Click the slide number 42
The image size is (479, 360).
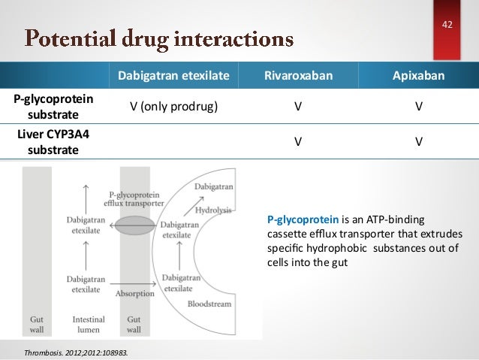[x=447, y=26]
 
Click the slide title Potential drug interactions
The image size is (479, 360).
[x=158, y=37]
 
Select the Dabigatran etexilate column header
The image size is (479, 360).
[x=173, y=76]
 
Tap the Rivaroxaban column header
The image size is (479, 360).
[x=298, y=76]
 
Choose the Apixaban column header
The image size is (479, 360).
[x=418, y=76]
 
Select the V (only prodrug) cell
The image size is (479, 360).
[x=173, y=107]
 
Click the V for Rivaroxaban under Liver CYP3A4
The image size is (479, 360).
[x=298, y=141]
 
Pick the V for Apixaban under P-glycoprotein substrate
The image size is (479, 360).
[x=418, y=107]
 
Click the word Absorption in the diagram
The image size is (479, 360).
[x=134, y=294]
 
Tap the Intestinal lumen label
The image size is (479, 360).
[x=89, y=325]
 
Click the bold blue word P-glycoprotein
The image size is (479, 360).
[x=303, y=219]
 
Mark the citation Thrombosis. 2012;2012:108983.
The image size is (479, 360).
[x=75, y=351]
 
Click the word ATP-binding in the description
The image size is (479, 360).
[x=398, y=219]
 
